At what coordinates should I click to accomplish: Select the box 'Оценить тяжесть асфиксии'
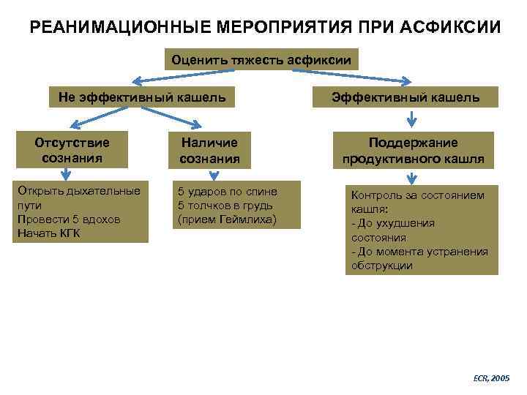click(x=261, y=59)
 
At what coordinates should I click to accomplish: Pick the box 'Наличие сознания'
click(x=209, y=149)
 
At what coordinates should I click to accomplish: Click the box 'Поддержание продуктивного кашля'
click(x=413, y=151)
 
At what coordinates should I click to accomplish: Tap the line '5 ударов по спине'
click(x=228, y=192)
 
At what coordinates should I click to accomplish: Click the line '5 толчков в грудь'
click(x=225, y=206)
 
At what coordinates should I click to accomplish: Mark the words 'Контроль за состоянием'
click(x=418, y=195)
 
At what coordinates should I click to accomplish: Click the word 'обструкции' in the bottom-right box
click(x=381, y=266)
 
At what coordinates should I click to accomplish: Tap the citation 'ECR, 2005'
click(x=491, y=378)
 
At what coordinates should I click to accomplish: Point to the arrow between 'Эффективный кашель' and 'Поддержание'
click(x=412, y=117)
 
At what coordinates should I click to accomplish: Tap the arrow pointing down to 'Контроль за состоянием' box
click(x=412, y=176)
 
